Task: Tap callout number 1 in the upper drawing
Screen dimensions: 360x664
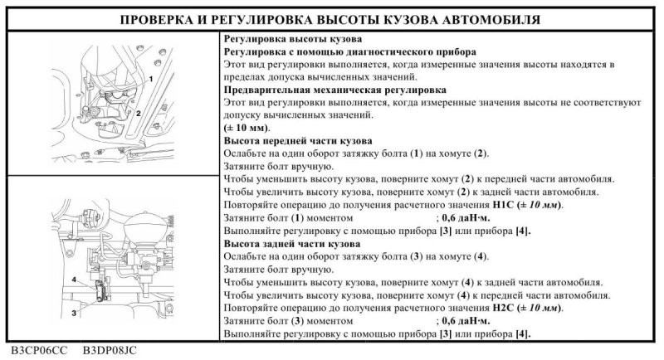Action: click(153, 75)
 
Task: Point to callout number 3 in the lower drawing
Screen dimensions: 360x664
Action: click(75, 313)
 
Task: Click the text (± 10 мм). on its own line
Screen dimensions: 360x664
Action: click(247, 129)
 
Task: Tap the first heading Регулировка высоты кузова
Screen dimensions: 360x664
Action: click(281, 38)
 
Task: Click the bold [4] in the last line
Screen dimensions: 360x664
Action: click(522, 334)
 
